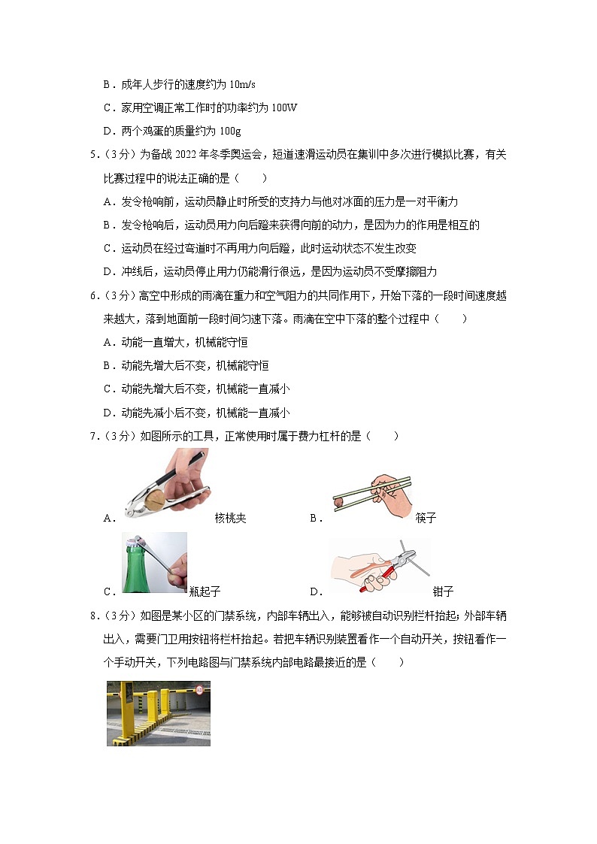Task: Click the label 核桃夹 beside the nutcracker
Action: point(230,518)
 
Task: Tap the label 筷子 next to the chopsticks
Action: point(425,518)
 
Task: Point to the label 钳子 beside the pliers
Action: point(443,591)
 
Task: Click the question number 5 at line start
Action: point(92,155)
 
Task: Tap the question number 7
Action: point(92,436)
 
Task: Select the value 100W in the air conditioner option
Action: point(283,107)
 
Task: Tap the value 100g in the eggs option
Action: point(229,132)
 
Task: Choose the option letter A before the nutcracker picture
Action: point(108,518)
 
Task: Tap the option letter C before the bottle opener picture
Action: point(108,591)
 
